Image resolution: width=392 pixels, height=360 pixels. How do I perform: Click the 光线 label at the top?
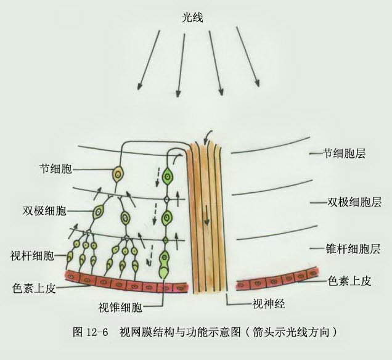coord(192,17)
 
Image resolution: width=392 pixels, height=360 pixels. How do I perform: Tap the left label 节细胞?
coord(56,169)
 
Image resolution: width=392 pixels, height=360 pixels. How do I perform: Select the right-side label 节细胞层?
coord(345,153)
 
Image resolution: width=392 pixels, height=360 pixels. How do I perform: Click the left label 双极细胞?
coord(44,211)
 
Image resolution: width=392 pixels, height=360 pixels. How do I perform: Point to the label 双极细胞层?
coord(354,202)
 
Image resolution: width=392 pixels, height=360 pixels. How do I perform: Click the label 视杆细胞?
coord(32,255)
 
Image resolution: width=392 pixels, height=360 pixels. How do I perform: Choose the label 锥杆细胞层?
coord(353,249)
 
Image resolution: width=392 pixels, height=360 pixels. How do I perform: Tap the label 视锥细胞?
coord(120,307)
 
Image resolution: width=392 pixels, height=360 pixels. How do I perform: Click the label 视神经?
coord(268,304)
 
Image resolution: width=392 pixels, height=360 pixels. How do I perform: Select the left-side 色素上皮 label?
coord(34,288)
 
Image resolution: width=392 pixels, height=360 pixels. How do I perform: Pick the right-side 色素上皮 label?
coord(349,281)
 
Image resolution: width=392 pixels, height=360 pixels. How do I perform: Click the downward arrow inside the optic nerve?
coord(206,215)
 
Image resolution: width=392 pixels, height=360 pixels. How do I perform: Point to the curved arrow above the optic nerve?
coord(208,136)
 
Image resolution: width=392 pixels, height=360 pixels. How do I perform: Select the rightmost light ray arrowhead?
coord(257,83)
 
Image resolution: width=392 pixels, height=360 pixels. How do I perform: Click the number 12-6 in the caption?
coord(97,332)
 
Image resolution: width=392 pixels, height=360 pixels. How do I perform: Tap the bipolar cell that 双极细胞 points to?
coord(98,212)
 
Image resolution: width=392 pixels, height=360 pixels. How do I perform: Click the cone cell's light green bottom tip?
coord(163,272)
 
